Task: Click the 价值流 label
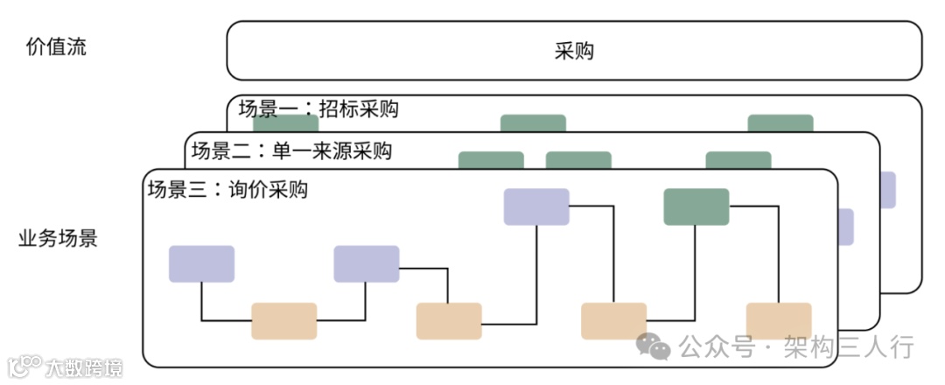[x=57, y=48]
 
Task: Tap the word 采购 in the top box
[x=574, y=51]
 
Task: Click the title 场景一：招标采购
[x=318, y=109]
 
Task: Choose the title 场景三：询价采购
[x=227, y=190]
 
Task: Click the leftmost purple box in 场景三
[x=201, y=263]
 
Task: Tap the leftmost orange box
[x=283, y=321]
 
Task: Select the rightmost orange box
[x=778, y=321]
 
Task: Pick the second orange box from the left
[x=449, y=321]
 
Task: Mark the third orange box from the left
[x=613, y=321]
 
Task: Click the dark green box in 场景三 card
[x=696, y=207]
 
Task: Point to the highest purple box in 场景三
[x=536, y=207]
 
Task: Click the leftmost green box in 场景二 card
[x=491, y=160]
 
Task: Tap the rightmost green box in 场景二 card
[x=738, y=160]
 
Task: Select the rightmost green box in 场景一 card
[x=780, y=122]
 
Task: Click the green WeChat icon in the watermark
[x=653, y=346]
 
